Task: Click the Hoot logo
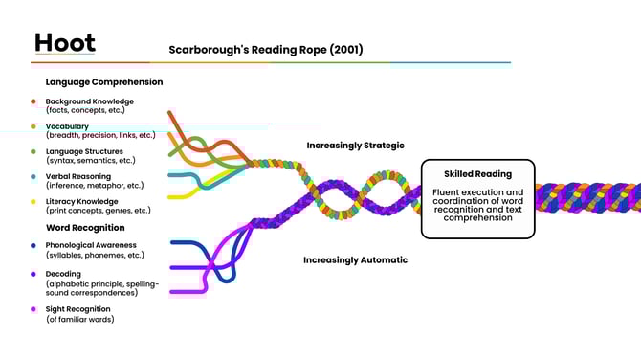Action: click(64, 43)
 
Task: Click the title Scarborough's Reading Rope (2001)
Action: click(266, 49)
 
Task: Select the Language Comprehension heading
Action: click(104, 82)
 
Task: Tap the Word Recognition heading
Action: click(85, 228)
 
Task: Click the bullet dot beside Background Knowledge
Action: click(33, 101)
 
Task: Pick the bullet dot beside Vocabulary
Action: click(33, 126)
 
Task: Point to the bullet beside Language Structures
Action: click(33, 151)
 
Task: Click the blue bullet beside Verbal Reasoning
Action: click(33, 176)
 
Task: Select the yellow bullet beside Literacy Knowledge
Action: click(33, 201)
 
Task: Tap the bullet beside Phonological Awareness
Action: click(33, 245)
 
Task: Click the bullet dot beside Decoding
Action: click(33, 274)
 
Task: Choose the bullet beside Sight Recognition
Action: click(33, 309)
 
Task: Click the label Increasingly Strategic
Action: click(355, 146)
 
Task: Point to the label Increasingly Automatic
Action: click(355, 259)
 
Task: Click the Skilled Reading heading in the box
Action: click(477, 174)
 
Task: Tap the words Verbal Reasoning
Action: click(77, 176)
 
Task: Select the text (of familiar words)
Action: click(79, 319)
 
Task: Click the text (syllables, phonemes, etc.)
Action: click(93, 255)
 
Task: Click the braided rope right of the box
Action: click(588, 198)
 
